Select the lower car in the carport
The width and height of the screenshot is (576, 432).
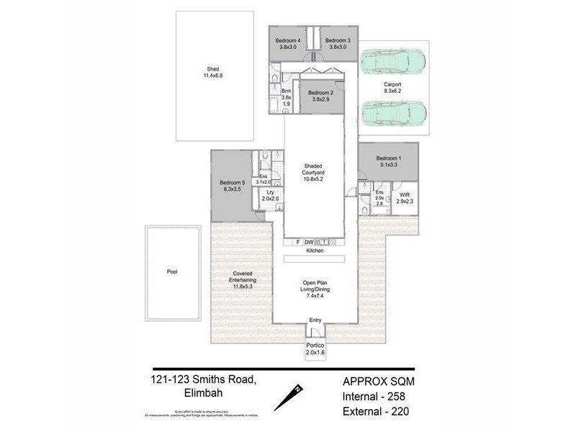click(x=393, y=112)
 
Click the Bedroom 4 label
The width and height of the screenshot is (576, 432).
click(x=288, y=40)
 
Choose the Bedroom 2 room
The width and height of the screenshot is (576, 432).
click(x=320, y=97)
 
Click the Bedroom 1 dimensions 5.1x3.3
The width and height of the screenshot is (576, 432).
click(x=389, y=164)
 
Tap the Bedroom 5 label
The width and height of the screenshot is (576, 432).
click(x=233, y=184)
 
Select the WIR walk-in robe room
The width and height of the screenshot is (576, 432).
click(x=402, y=199)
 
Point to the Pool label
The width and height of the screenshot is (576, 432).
click(x=171, y=272)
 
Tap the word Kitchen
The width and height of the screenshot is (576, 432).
click(x=315, y=251)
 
